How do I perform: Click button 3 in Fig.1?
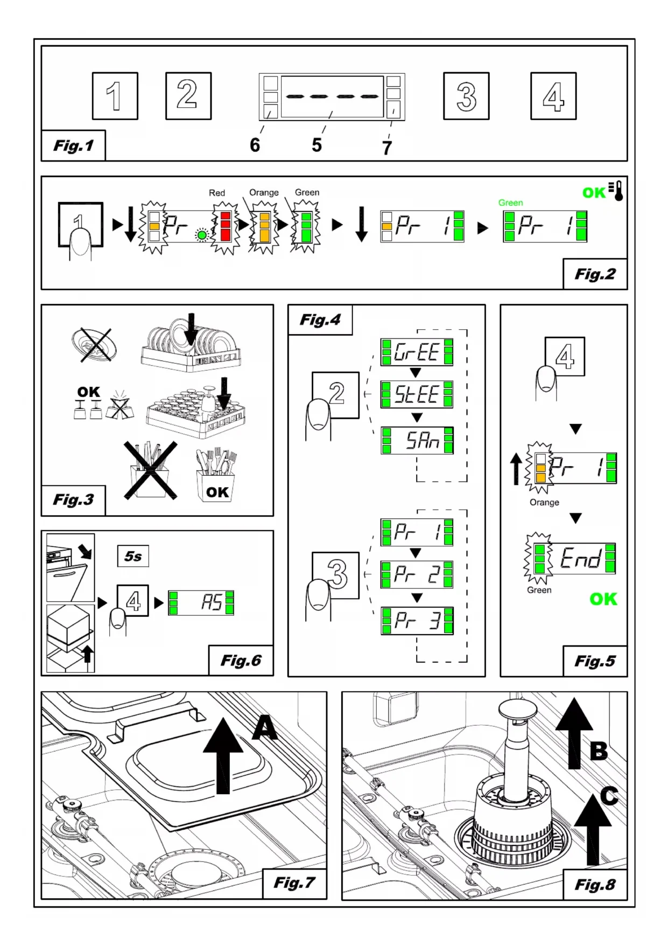coord(466,96)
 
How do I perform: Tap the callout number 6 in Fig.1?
coord(255,145)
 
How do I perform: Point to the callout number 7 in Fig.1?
coord(387,148)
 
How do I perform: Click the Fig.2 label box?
coord(595,274)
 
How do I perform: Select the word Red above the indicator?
coord(217,193)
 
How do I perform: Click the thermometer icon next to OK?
coord(617,191)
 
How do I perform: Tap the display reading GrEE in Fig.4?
coord(417,352)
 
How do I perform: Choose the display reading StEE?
coord(417,394)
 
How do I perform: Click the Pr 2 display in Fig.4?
coord(417,575)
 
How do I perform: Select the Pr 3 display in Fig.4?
coord(417,621)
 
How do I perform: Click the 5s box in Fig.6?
coord(133,556)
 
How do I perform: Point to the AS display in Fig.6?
coord(201,602)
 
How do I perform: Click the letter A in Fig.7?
coord(265,729)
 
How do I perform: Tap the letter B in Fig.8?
coord(599,751)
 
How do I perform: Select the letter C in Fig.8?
coord(609,796)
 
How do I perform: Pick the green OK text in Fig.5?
coord(603,599)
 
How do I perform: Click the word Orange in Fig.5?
coord(544,502)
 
